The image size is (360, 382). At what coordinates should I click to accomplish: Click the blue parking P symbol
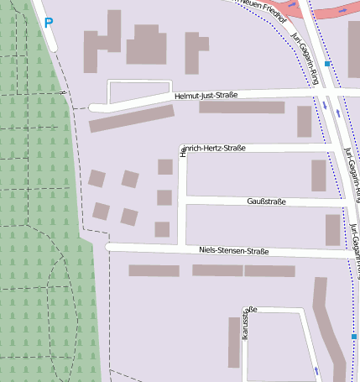(x=48, y=24)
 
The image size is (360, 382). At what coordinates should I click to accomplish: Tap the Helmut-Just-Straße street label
(x=206, y=96)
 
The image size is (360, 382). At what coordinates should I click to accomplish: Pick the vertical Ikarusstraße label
(x=244, y=324)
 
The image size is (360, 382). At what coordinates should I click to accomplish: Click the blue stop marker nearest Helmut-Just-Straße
(x=327, y=64)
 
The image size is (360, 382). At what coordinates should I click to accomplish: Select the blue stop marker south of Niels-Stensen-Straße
(x=354, y=337)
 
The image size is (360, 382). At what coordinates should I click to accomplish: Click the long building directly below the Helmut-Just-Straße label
(x=241, y=107)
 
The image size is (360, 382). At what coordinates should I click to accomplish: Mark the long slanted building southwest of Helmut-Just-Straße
(x=131, y=118)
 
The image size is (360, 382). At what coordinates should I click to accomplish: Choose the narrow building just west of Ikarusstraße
(x=233, y=342)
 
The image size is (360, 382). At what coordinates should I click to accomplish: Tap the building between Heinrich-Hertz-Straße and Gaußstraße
(x=318, y=175)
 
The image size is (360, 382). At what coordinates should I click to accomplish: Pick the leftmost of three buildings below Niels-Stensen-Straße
(x=154, y=270)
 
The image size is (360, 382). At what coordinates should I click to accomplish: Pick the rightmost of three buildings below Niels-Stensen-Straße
(x=269, y=270)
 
